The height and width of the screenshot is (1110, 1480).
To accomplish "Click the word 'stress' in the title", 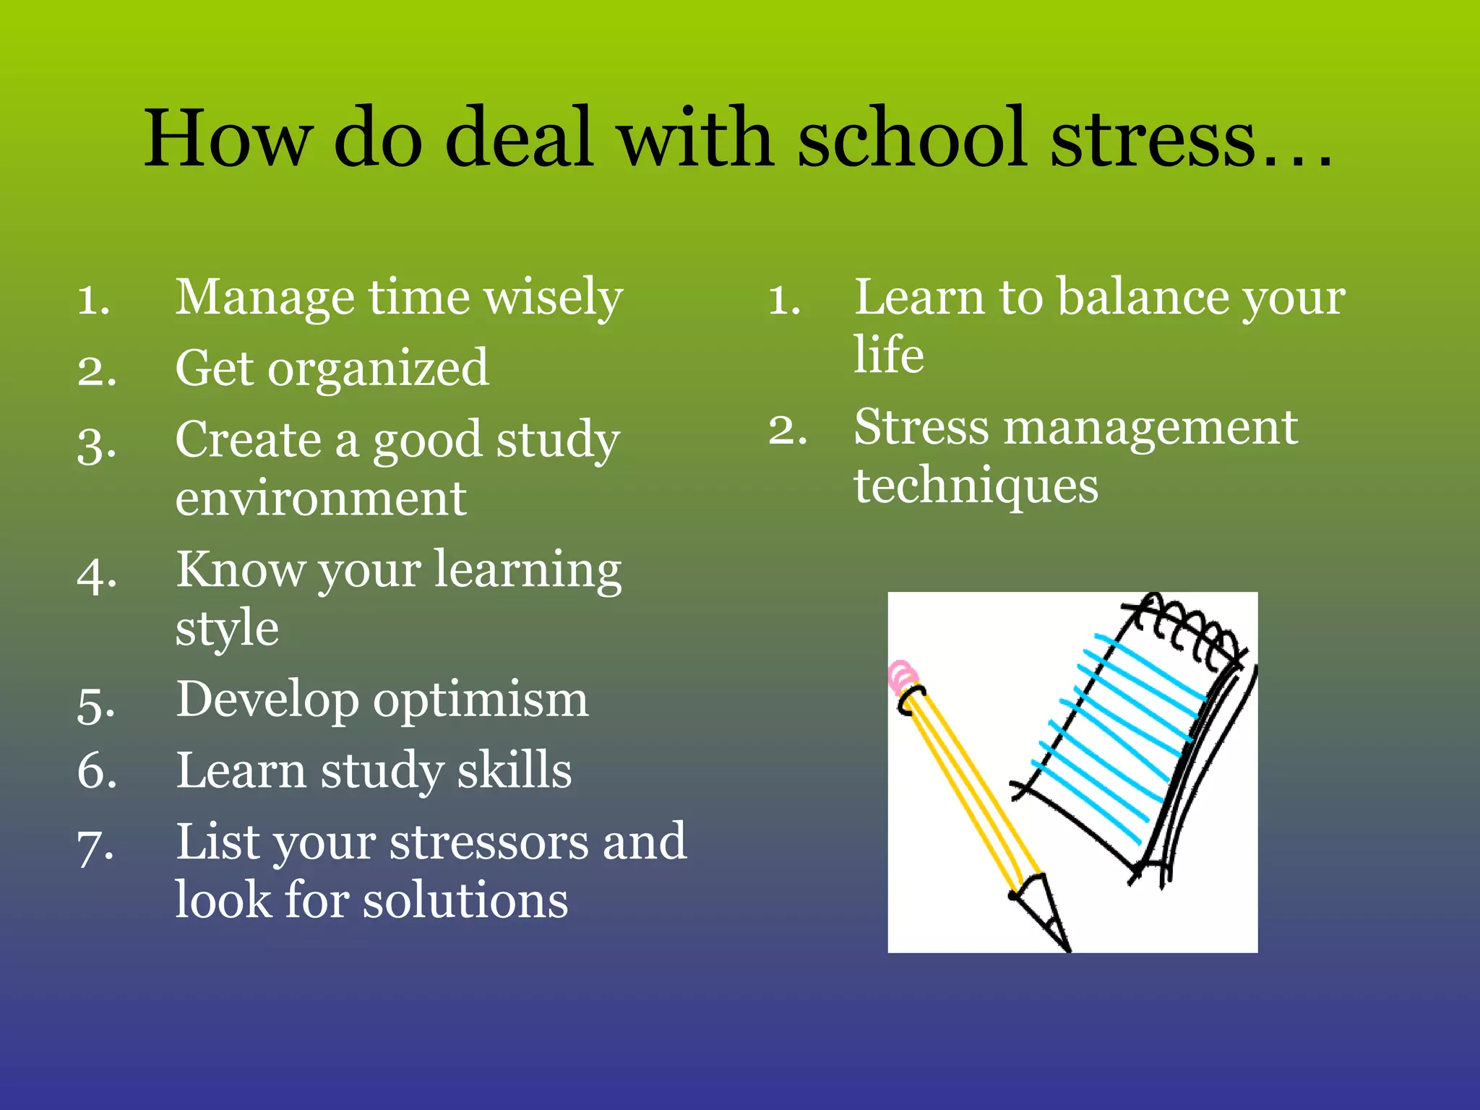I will pos(1153,139).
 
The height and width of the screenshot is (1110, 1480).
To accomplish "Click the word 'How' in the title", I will pos(228,139).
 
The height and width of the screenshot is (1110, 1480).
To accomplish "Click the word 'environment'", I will pos(320,499).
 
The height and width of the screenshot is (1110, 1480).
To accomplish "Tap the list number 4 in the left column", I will pos(97,575).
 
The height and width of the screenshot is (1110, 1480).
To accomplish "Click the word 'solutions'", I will pos(465,901).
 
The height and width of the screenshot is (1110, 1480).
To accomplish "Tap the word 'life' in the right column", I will pos(888,355).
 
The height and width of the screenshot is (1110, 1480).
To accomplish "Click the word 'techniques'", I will pos(976,486).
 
